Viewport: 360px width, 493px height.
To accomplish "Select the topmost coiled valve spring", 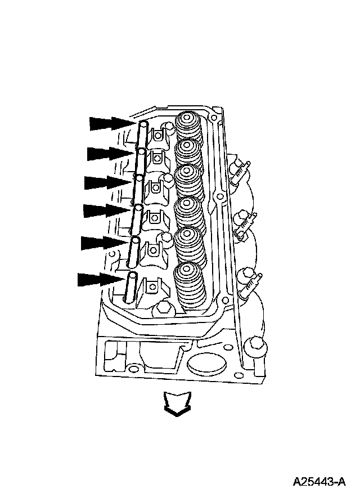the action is pos(189,127).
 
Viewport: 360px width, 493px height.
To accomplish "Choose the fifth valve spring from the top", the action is pos(189,242).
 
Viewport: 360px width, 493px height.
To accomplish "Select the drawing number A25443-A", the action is pos(318,482).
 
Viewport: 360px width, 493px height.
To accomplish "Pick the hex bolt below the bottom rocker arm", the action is pos(165,308).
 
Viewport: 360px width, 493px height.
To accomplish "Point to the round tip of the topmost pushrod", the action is pos(143,124).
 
